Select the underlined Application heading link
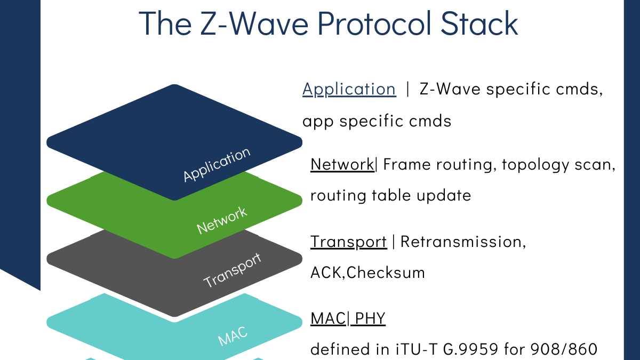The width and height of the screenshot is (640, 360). [x=349, y=89]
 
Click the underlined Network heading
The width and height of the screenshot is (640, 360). [x=342, y=164]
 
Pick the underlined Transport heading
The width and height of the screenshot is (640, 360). [x=348, y=242]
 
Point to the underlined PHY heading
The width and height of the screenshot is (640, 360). [x=370, y=319]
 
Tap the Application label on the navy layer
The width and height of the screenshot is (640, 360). [x=217, y=164]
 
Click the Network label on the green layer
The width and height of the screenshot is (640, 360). [x=222, y=220]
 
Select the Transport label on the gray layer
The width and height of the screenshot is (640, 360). [x=233, y=270]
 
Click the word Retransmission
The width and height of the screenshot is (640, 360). [x=463, y=242]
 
